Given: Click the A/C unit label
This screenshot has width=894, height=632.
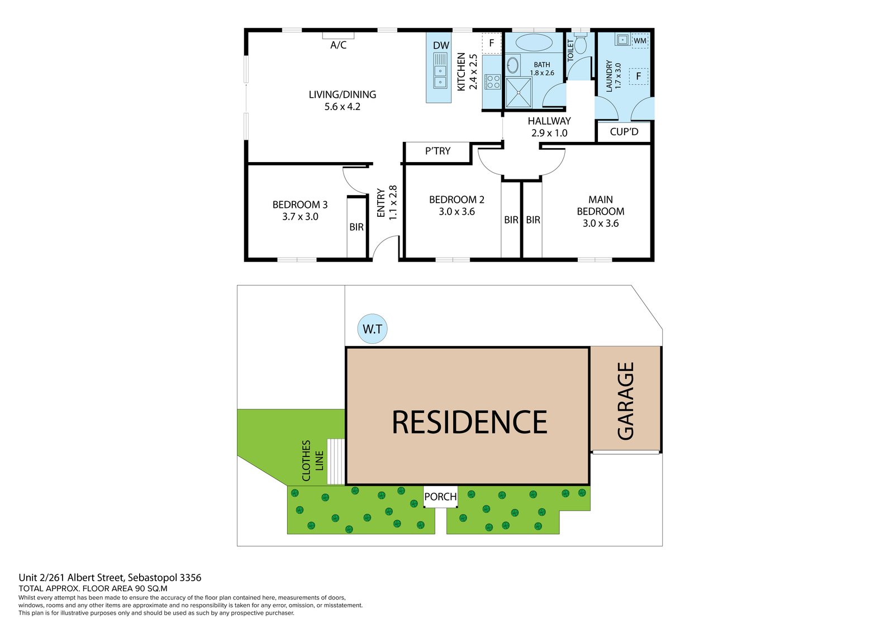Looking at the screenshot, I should [338, 45].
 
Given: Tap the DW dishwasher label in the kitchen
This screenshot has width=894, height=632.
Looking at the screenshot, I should [441, 46].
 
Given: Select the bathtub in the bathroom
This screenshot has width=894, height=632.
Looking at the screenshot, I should [534, 42].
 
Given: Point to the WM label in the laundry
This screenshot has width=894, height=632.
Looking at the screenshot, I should [640, 41].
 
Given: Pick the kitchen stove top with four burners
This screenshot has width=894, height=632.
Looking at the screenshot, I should [492, 82].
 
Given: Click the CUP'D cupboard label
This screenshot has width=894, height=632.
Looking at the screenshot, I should [624, 132].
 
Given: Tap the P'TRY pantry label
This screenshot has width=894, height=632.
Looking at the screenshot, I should [438, 151].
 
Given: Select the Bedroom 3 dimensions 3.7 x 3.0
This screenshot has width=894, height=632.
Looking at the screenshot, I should [300, 217].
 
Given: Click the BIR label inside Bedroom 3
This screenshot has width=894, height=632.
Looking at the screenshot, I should [356, 227].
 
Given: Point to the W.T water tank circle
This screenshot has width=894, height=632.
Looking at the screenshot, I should [372, 329].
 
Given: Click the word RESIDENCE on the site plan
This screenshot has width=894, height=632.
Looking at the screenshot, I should [469, 422].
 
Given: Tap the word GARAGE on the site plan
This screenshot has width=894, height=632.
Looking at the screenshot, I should [626, 401].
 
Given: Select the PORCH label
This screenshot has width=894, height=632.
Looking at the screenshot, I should [440, 497].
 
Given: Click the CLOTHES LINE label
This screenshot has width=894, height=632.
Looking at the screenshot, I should [312, 460].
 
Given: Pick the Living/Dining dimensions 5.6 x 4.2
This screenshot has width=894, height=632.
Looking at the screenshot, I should [342, 107].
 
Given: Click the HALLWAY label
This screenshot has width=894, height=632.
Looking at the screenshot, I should [549, 121].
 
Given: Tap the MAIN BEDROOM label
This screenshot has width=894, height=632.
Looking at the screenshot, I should [600, 205].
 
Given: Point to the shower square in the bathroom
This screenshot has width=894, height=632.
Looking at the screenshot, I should [518, 93].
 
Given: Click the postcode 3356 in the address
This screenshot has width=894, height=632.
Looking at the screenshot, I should [190, 578].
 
